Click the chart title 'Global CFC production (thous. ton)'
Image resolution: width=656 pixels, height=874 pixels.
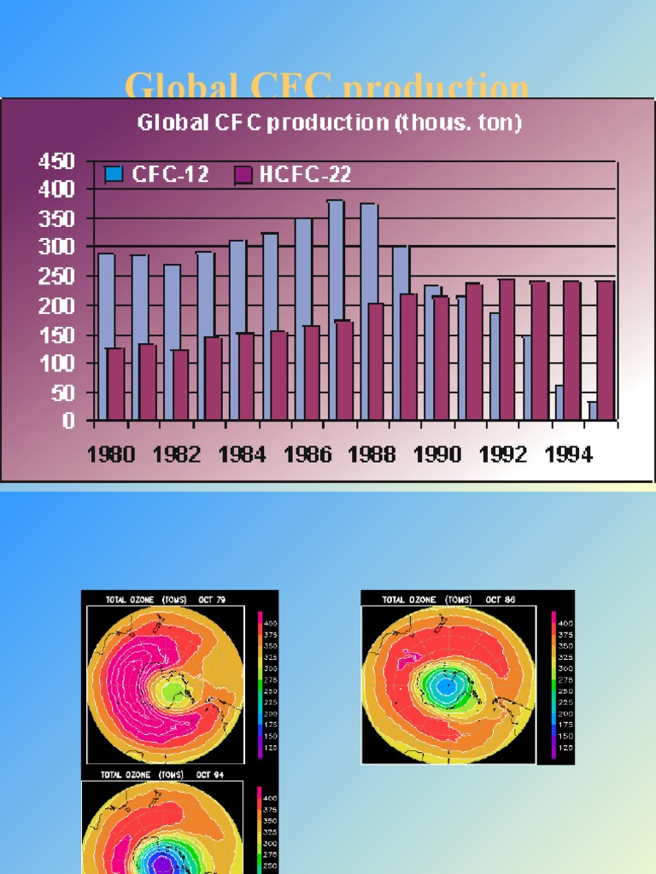point(330,123)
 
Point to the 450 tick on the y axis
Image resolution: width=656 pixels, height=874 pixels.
point(56,160)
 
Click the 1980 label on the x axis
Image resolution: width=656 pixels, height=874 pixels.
point(112,455)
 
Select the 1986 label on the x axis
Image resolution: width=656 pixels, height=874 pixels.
point(307,455)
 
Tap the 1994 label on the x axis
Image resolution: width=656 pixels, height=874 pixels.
point(568,455)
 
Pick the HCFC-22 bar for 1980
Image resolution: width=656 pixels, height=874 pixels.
point(116,383)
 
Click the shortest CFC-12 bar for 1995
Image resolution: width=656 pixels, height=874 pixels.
point(593,411)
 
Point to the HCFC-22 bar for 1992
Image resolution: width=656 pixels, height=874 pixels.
point(507,349)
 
